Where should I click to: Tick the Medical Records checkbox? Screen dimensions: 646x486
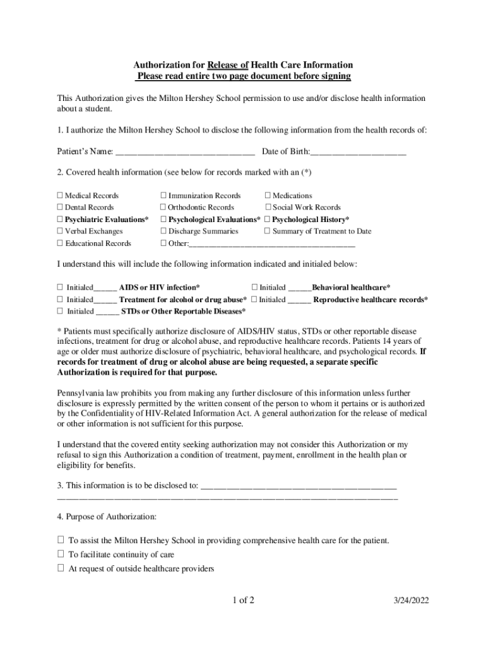[x=60, y=196]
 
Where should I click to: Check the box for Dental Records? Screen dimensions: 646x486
[x=60, y=207]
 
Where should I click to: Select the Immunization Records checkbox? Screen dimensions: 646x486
[x=163, y=196]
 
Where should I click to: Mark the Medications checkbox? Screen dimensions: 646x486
[x=268, y=196]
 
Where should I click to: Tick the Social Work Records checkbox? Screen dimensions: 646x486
[x=268, y=207]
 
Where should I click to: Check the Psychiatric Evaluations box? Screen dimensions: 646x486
[x=60, y=220]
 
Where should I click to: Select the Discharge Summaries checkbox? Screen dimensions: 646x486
[x=163, y=231]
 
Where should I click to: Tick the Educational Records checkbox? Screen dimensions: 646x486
[x=60, y=243]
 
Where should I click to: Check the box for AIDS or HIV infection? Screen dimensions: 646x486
[x=60, y=288]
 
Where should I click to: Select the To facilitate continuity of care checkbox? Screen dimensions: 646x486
[x=61, y=554]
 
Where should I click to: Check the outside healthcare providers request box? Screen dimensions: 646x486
[x=61, y=568]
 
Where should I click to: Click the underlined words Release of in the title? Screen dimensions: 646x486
[x=232, y=65]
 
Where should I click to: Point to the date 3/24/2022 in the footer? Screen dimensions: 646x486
[x=409, y=601]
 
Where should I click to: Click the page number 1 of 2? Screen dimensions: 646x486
[x=243, y=601]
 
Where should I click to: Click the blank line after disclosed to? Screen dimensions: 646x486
[x=298, y=487]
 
